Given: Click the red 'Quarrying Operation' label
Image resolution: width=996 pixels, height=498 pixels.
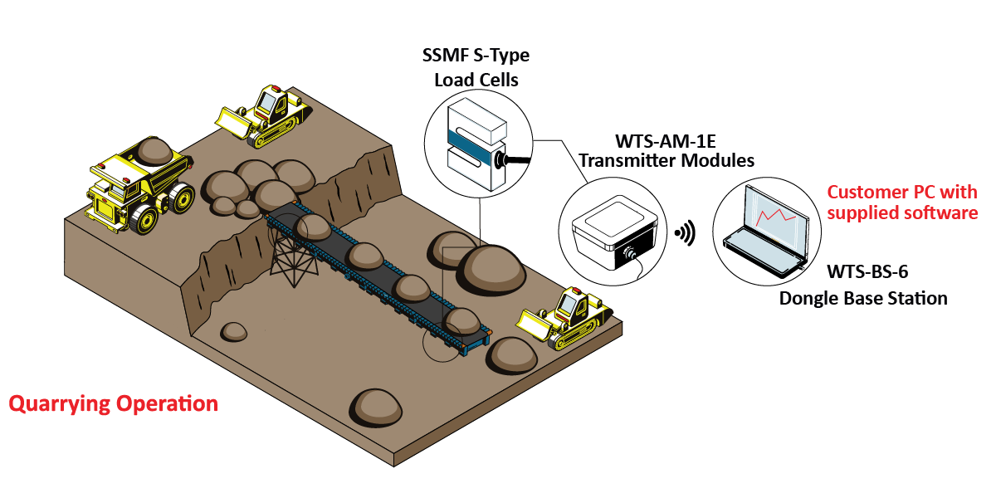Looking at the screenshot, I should (113, 404).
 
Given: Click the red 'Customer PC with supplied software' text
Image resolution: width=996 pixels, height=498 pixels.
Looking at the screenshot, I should (902, 203).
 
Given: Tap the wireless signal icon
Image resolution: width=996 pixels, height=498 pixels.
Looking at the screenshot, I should (686, 234).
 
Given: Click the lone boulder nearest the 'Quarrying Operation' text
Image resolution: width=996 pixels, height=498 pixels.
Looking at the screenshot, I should (234, 331).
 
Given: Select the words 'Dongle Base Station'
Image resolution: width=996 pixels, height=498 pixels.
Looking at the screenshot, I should (863, 297).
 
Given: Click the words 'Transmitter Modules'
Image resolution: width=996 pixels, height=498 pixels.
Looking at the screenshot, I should (666, 160).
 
